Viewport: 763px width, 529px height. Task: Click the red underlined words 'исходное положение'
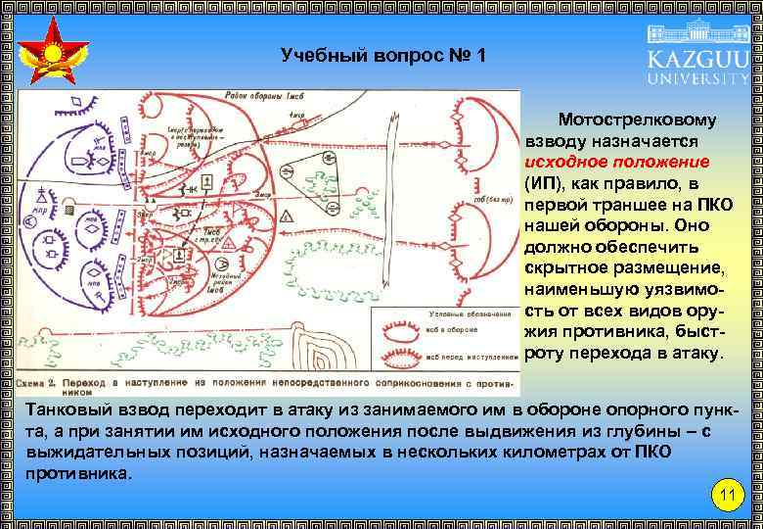[616, 163]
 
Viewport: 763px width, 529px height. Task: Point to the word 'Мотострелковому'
[637, 120]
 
